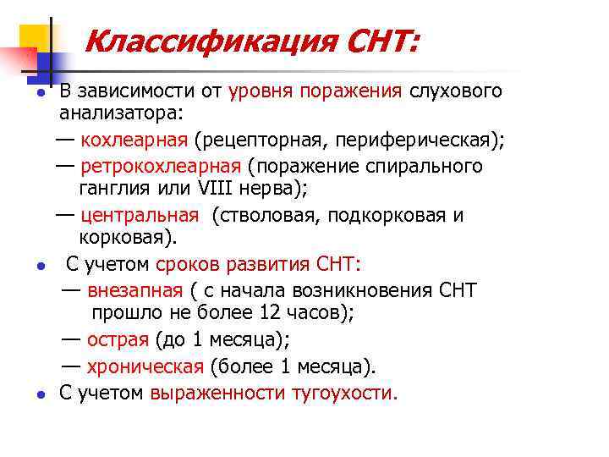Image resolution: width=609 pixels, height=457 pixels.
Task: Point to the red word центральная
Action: [141, 215]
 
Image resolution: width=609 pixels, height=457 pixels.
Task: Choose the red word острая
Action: [118, 340]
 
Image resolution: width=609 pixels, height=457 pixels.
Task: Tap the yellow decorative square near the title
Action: [34, 35]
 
